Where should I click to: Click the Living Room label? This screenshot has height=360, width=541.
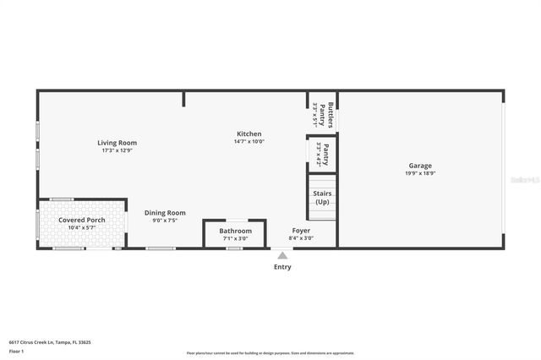[x=117, y=143]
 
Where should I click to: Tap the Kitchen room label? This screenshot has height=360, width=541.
[x=249, y=134]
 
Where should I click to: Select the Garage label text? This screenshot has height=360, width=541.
[x=420, y=166]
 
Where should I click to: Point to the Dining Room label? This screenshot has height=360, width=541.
[x=165, y=213]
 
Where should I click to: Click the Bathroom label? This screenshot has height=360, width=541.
[x=235, y=231]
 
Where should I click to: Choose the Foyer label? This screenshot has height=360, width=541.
[x=301, y=231]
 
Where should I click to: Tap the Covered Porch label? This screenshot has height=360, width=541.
[x=81, y=220]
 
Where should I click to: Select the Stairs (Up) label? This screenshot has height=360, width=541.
[x=322, y=198]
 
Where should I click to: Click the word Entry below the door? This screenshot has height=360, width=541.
[x=281, y=267]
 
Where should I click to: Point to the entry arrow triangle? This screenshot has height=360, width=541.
[x=281, y=252]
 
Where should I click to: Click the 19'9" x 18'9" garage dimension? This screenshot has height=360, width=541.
[x=420, y=174]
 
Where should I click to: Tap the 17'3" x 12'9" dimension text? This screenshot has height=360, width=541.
[x=117, y=150]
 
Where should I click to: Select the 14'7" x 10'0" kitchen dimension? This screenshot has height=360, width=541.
[x=249, y=141]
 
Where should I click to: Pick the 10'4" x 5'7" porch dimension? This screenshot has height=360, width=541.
[x=81, y=227]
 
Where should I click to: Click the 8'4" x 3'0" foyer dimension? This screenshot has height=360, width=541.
[x=301, y=238]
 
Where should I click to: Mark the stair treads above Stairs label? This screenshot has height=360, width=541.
[x=321, y=180]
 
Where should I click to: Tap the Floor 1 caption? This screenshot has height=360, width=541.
[x=16, y=351]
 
